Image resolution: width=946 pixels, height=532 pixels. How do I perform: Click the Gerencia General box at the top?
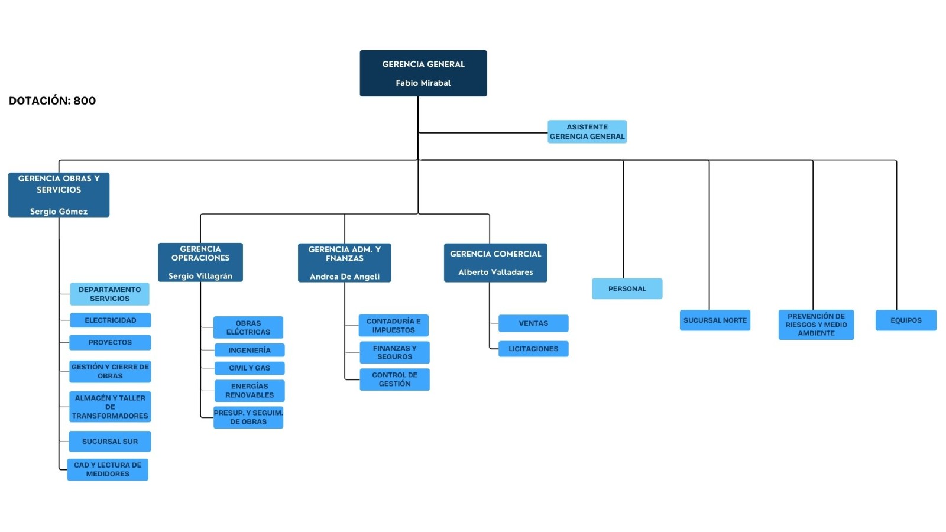point(423,73)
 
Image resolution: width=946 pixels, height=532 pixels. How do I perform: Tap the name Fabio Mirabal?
point(423,83)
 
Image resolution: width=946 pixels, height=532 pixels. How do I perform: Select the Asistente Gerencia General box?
point(587,132)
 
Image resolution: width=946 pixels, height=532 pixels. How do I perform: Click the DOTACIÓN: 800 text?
point(53,100)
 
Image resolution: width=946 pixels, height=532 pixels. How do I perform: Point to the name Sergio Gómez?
point(59,211)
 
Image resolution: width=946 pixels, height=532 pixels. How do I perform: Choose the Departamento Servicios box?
point(110,294)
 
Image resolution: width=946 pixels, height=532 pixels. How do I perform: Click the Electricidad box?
point(110,320)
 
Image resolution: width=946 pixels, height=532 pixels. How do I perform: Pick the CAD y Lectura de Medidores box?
point(108,469)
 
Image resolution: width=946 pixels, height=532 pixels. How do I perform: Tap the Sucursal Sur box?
point(110,441)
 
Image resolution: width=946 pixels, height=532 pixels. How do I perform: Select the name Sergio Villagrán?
point(200,276)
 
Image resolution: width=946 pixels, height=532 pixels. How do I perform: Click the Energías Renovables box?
point(250,391)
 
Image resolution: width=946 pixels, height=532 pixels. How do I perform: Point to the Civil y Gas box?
point(250,368)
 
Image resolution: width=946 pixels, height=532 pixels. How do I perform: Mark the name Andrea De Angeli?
point(345,277)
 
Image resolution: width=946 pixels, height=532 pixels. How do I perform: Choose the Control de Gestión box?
point(395,379)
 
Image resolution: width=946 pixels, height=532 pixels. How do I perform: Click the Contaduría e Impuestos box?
point(394,326)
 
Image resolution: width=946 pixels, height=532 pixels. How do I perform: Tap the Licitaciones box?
point(533,349)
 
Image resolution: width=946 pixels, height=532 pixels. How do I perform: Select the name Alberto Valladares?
point(495,272)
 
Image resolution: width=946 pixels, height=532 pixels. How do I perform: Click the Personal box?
point(627,289)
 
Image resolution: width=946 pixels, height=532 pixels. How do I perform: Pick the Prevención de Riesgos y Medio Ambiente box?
point(817,325)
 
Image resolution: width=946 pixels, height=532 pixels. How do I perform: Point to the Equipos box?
point(906,320)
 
